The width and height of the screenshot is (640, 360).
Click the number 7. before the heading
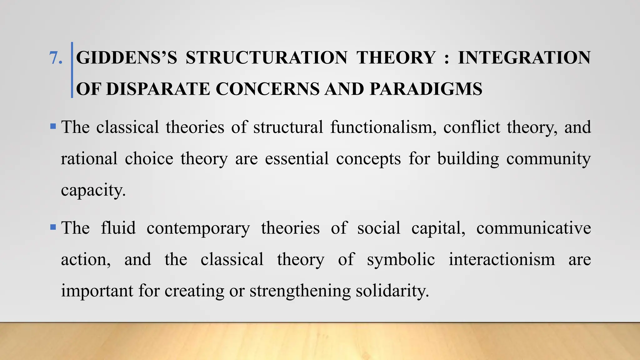coord(56,58)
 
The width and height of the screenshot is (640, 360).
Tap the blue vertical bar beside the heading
coord(72,70)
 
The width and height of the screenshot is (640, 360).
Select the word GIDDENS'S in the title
coord(126,58)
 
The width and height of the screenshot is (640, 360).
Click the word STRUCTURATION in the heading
coord(266,58)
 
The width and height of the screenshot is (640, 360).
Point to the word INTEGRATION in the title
coord(524,58)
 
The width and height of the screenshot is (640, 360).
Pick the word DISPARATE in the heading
coord(158,89)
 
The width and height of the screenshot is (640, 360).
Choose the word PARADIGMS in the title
coord(426,89)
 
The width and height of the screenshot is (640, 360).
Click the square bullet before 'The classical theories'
coord(53,127)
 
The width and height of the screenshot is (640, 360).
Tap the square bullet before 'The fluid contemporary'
coord(53,227)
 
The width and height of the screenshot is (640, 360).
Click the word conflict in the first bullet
coord(472,127)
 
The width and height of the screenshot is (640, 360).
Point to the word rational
coord(89,159)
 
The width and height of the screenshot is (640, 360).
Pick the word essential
coord(297,159)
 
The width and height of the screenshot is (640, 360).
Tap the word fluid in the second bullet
coord(118,228)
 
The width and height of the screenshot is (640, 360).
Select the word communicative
coord(533,228)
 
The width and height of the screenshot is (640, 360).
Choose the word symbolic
coord(401,260)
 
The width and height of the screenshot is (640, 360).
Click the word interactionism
coord(502,259)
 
